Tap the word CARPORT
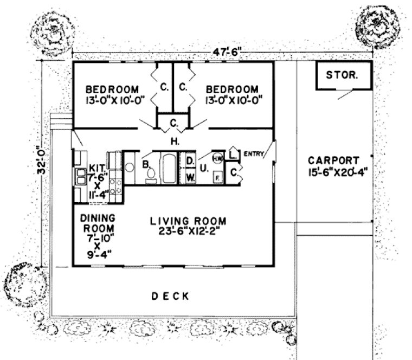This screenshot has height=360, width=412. point(333,160)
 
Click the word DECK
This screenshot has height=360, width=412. point(170,296)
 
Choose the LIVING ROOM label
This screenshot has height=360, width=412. point(188,221)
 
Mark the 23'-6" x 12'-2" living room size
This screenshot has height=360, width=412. point(188,230)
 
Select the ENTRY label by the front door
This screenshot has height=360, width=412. point(254,155)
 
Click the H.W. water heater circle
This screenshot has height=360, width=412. point(218,158)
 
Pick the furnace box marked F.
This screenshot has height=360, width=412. point(217,176)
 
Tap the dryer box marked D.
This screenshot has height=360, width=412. point(190,161)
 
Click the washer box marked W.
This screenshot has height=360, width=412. point(190,177)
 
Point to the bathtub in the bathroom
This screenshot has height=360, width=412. point(168,168)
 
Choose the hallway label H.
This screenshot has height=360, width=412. point(174,143)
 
